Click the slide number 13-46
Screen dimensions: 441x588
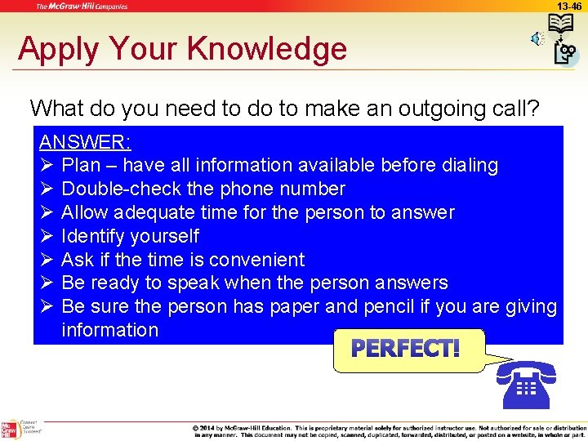(569, 6)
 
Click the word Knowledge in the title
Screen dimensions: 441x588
(267, 49)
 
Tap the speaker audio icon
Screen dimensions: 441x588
(535, 38)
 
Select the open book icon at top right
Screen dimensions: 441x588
(561, 24)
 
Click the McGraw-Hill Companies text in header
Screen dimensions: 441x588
(82, 7)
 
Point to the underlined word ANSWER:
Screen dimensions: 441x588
(85, 142)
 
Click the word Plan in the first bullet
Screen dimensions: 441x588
(82, 166)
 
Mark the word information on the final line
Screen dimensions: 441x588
(110, 331)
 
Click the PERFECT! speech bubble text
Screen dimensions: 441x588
(405, 350)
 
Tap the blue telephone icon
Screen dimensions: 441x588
(526, 384)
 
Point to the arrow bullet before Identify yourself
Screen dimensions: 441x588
(47, 237)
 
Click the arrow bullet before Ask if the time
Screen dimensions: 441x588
(47, 261)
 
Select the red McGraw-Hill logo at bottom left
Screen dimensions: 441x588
(10, 430)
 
